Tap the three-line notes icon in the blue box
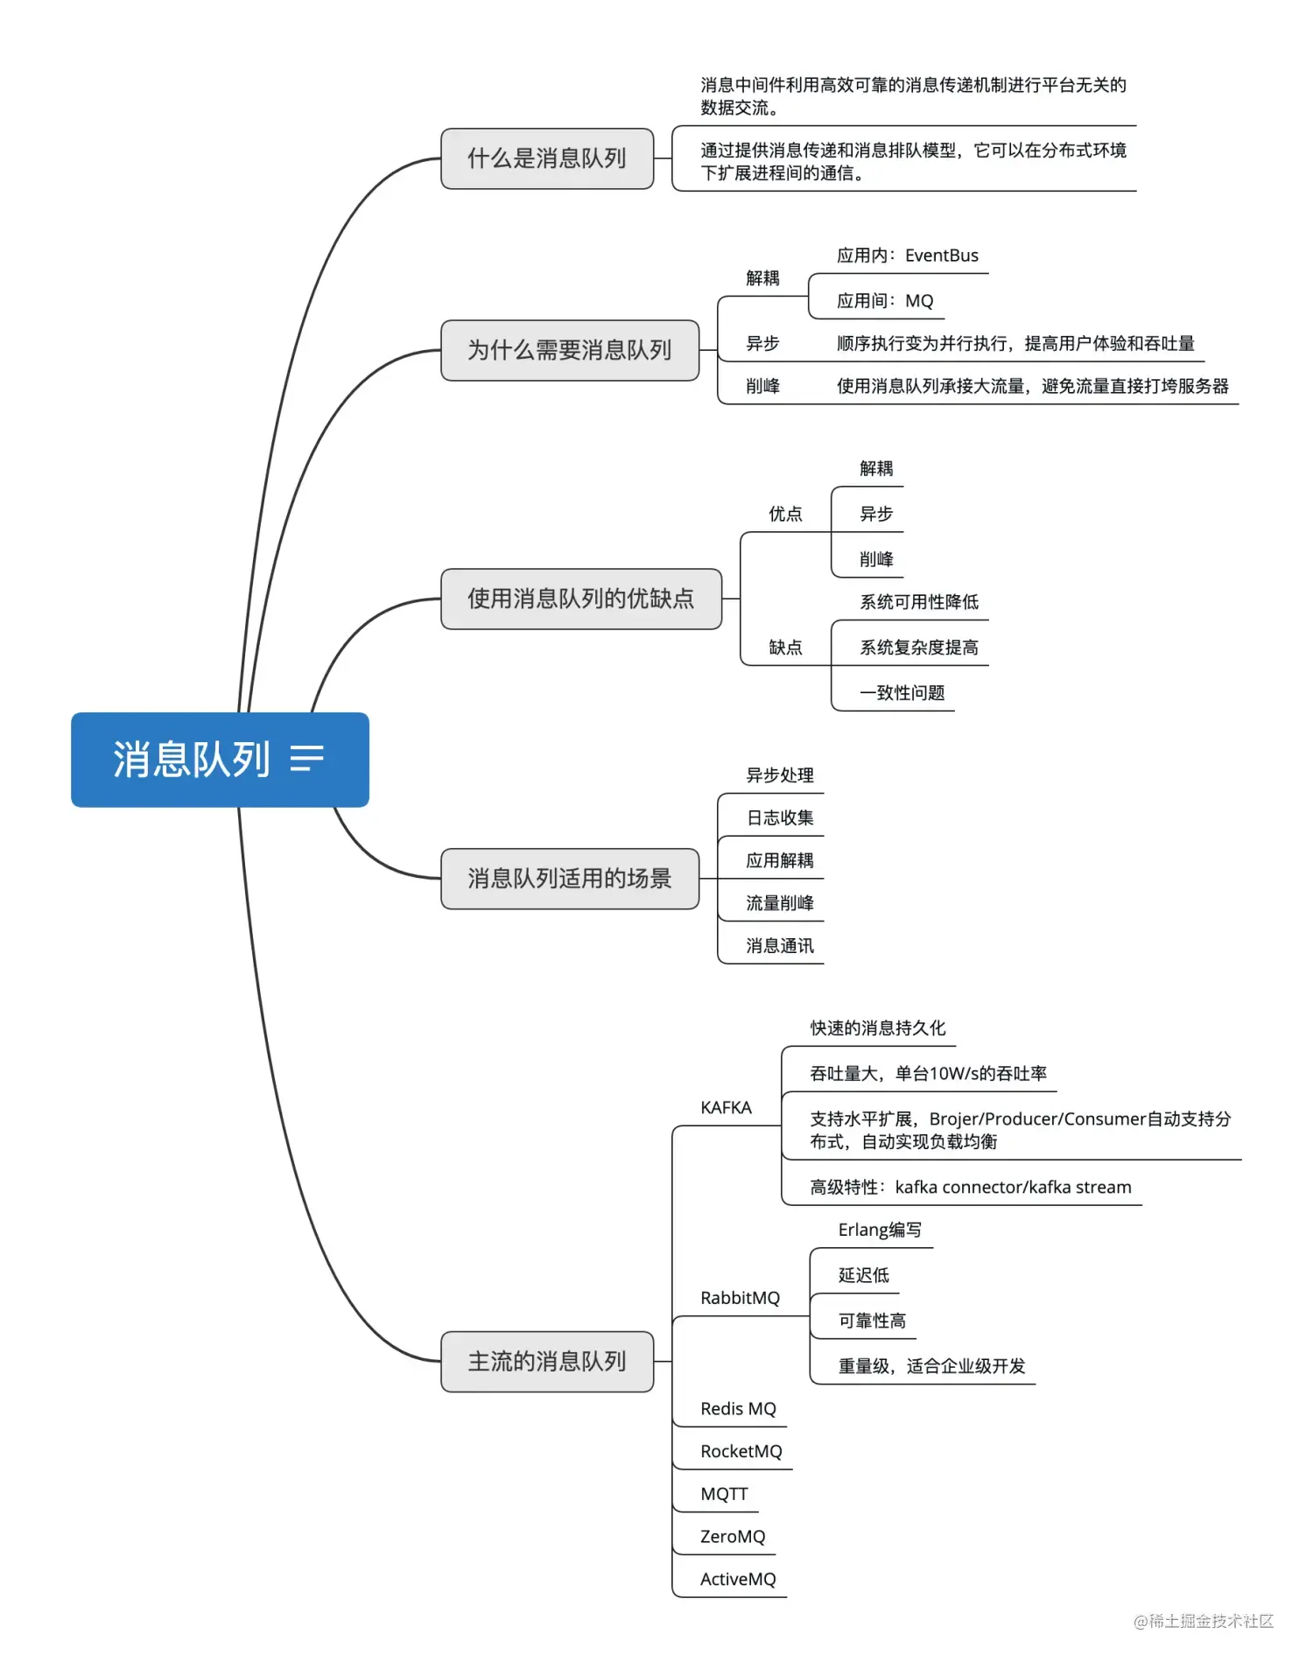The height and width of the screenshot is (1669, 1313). pyautogui.click(x=307, y=758)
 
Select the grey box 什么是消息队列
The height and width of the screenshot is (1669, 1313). pyautogui.click(x=547, y=158)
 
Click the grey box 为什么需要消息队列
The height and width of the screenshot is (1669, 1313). pyautogui.click(x=569, y=350)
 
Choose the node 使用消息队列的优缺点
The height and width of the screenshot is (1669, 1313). pyautogui.click(x=580, y=599)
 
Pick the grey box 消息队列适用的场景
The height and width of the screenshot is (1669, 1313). pyautogui.click(x=569, y=878)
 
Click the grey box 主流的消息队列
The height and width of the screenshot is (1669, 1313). pyautogui.click(x=547, y=1361)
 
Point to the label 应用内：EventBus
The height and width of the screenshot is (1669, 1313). pyautogui.click(x=907, y=256)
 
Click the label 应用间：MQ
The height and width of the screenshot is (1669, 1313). pyautogui.click(x=884, y=301)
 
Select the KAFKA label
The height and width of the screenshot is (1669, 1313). pyautogui.click(x=726, y=1107)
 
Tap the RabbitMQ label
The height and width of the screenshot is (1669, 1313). pyautogui.click(x=740, y=1298)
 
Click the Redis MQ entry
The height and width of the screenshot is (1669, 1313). pyautogui.click(x=738, y=1408)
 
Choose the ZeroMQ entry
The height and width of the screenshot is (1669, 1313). pyautogui.click(x=733, y=1536)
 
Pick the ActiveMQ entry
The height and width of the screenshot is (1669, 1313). pyautogui.click(x=738, y=1579)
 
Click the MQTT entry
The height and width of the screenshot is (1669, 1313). pyautogui.click(x=724, y=1494)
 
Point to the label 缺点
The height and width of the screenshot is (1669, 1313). pyautogui.click(x=785, y=648)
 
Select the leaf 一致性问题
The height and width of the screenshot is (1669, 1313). pyautogui.click(x=902, y=693)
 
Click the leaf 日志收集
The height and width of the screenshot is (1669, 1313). pyautogui.click(x=779, y=817)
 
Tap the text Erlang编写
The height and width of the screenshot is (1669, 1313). pyautogui.click(x=880, y=1230)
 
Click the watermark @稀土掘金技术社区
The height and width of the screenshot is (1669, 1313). pyautogui.click(x=1203, y=1621)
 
